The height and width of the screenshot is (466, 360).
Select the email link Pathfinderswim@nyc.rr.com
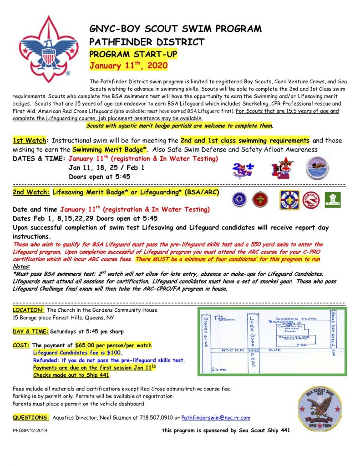pyautogui.click(x=216, y=418)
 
